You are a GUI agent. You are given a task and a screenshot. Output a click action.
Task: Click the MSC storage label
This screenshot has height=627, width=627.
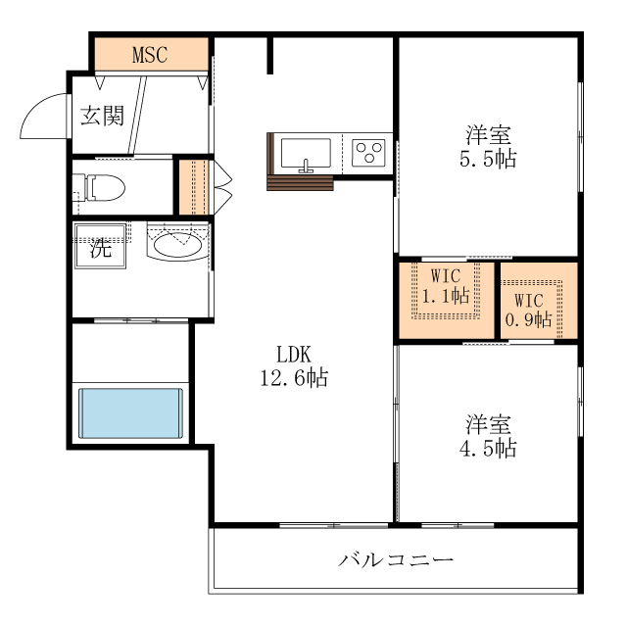coord(150,54)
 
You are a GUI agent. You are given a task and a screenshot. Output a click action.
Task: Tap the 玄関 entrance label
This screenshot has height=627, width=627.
coord(101,116)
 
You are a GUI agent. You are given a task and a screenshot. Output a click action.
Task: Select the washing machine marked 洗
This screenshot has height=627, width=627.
coord(101,248)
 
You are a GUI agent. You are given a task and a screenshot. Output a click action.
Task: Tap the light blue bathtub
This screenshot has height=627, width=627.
coord(130,413)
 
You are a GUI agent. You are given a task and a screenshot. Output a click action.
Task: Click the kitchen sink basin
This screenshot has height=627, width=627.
coord(305,154)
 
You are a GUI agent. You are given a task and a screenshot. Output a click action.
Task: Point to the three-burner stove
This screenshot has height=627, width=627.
coord(369,153)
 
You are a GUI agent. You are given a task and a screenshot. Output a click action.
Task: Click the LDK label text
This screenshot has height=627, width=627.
coord(293,355)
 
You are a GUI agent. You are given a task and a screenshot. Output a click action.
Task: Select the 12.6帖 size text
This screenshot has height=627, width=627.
coord(293,377)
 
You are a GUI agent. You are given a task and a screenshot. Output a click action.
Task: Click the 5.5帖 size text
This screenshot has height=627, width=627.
coord(488,159)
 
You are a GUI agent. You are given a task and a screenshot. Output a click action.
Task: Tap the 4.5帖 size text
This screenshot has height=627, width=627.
coord(488,449)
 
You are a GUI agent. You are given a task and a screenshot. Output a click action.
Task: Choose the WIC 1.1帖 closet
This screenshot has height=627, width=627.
coord(446,290)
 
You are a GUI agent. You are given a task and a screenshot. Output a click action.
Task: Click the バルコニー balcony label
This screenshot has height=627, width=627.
coord(397,560)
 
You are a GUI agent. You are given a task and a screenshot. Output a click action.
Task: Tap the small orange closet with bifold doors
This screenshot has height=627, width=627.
coord(192,186)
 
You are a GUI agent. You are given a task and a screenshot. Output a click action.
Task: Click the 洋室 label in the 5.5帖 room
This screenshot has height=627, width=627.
coord(488,135)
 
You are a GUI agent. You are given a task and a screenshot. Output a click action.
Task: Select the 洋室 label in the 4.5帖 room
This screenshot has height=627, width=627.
coord(488,425)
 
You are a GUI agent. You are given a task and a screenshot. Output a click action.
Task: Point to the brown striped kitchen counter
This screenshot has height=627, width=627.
coord(300,183)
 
